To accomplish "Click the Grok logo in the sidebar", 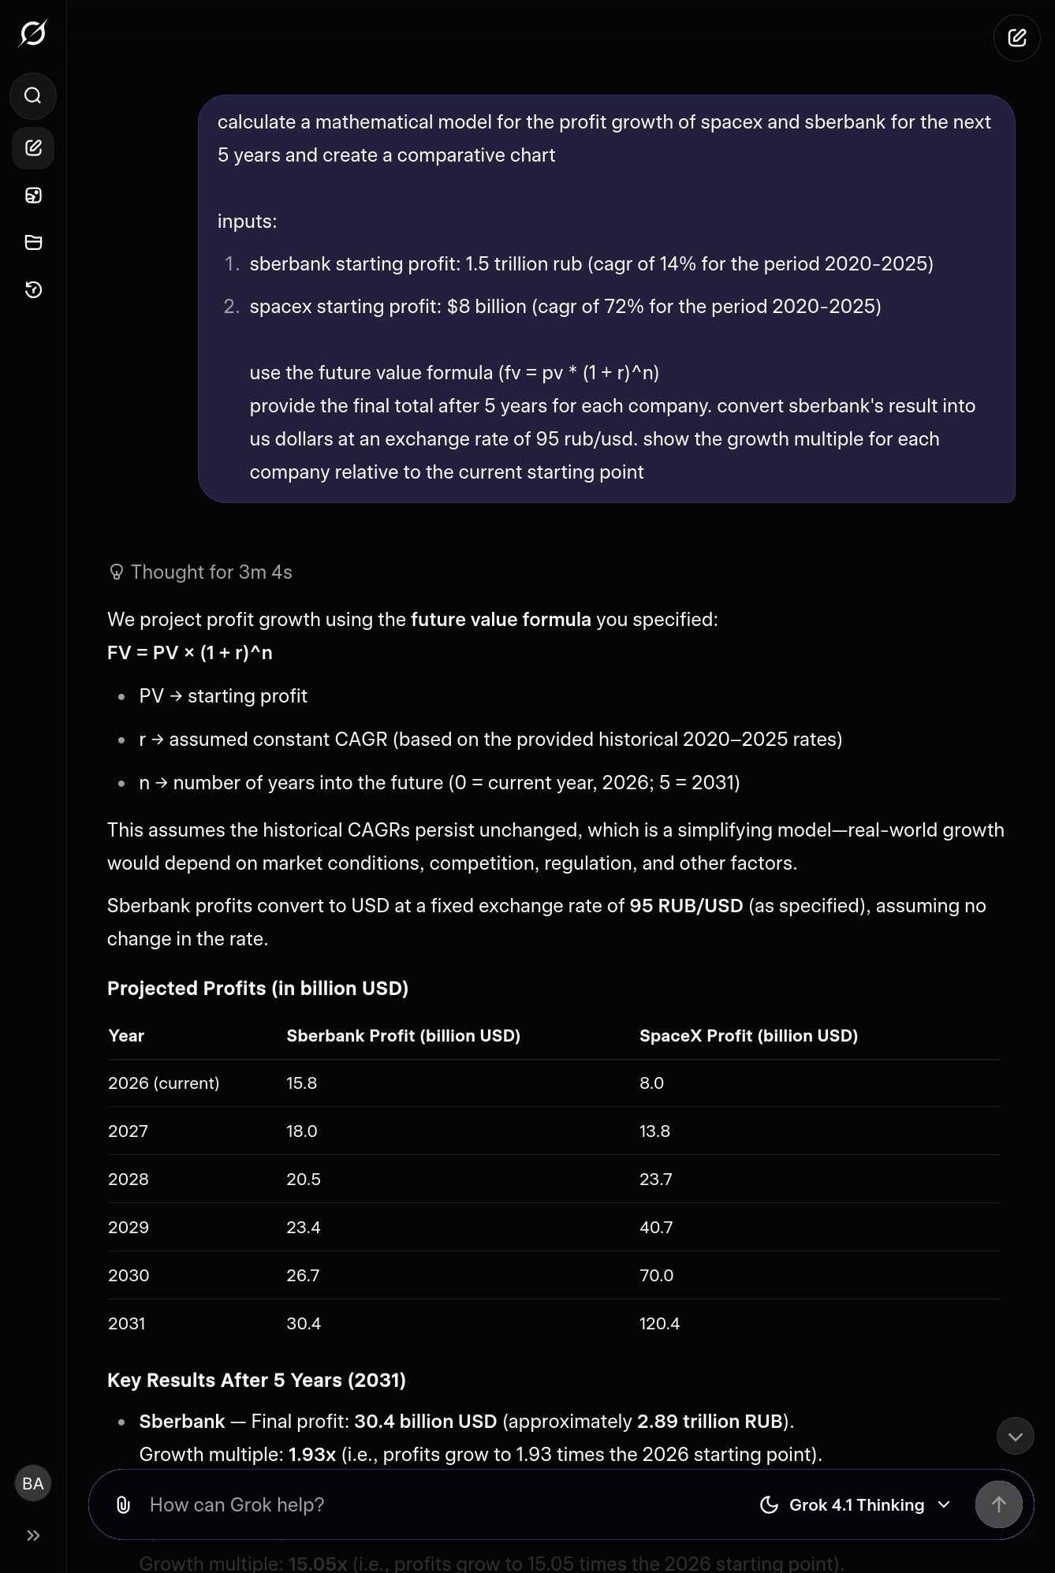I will [x=33, y=33].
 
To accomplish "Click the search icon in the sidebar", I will [x=33, y=96].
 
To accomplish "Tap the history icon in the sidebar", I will [x=33, y=290].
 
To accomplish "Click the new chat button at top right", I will [x=1016, y=38].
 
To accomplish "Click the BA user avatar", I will [x=33, y=1484].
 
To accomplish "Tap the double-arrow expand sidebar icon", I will [x=33, y=1535].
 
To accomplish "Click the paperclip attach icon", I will [x=123, y=1505].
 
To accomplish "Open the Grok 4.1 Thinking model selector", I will [x=856, y=1505].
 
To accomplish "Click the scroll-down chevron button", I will [x=1015, y=1437].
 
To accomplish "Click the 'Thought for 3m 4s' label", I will [x=211, y=572].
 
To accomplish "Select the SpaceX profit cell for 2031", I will [x=659, y=1324].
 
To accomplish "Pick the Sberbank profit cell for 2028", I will [x=304, y=1180].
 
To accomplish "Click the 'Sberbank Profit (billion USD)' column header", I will [x=403, y=1036].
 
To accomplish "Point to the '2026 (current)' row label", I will [x=164, y=1083].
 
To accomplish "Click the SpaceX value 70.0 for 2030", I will [x=656, y=1276].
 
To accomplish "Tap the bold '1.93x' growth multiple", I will [x=312, y=1455].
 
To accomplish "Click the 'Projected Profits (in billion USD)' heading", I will [x=258, y=989].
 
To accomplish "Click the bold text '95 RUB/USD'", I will [x=686, y=906].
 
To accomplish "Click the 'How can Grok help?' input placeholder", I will [x=237, y=1505].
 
